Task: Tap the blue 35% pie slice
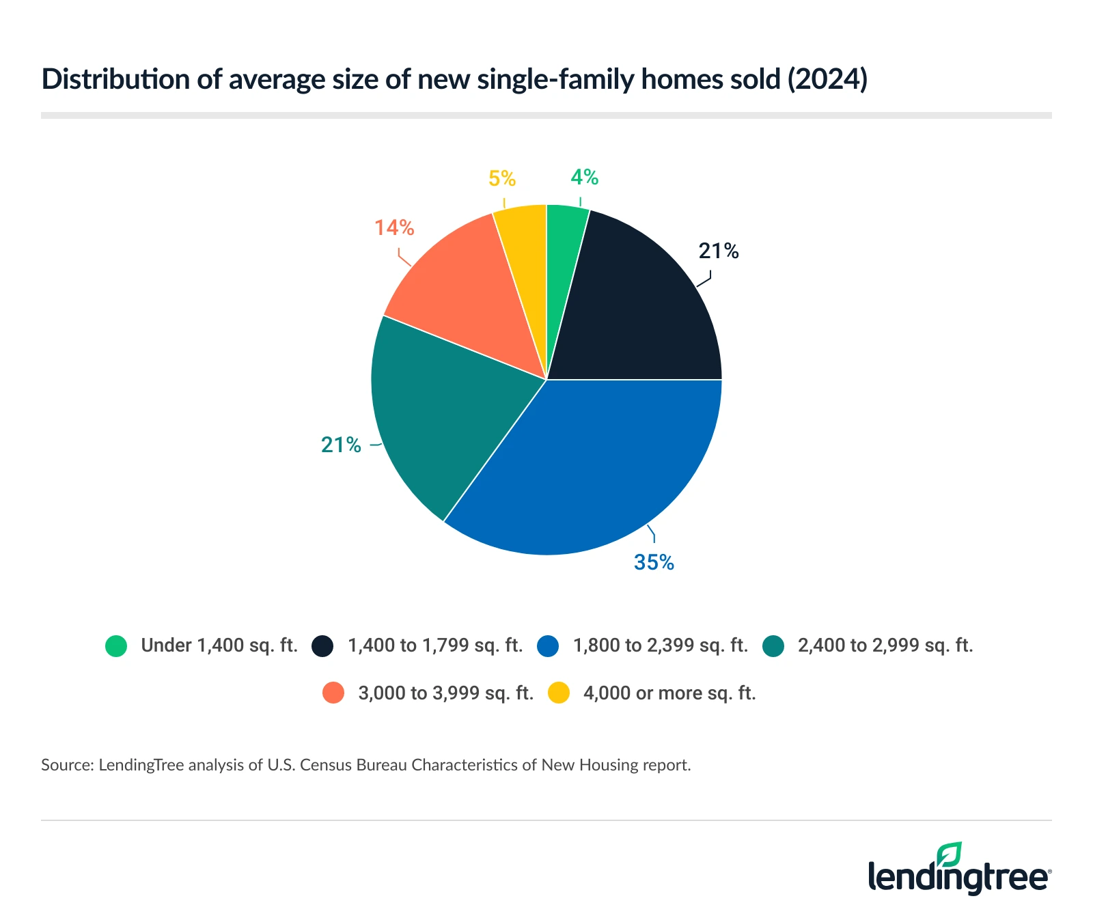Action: click(594, 464)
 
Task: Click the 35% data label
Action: click(654, 563)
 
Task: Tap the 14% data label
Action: click(394, 227)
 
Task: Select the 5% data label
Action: click(502, 179)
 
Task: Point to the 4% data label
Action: click(585, 178)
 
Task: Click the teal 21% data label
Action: click(341, 445)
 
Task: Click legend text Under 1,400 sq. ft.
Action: click(219, 645)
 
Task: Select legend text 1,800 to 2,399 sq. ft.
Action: click(661, 645)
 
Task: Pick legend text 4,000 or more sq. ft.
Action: click(669, 693)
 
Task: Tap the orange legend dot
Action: click(333, 693)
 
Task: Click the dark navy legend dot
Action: click(322, 645)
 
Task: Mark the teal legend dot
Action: click(773, 645)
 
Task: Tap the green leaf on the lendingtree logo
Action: click(949, 854)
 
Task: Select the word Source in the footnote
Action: click(66, 765)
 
